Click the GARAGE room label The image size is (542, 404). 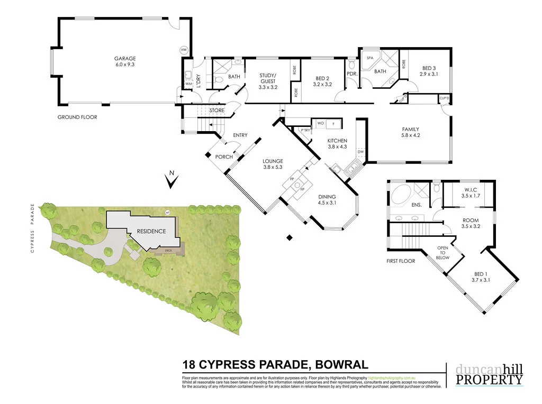[125, 59]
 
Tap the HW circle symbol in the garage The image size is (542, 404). [184, 50]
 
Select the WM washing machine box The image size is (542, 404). [188, 84]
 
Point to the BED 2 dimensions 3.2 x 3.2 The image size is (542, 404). [322, 84]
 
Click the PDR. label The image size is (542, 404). [352, 74]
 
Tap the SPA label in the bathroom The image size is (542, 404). [370, 58]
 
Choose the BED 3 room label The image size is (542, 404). [429, 68]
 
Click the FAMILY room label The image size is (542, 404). [411, 129]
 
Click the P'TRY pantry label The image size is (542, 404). [305, 130]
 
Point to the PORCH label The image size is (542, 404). [224, 157]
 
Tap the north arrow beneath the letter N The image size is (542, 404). [171, 183]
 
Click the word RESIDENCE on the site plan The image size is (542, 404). [151, 231]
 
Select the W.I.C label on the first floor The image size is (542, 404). [470, 190]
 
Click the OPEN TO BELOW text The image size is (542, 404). [442, 253]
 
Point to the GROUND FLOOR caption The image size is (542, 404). [77, 117]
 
